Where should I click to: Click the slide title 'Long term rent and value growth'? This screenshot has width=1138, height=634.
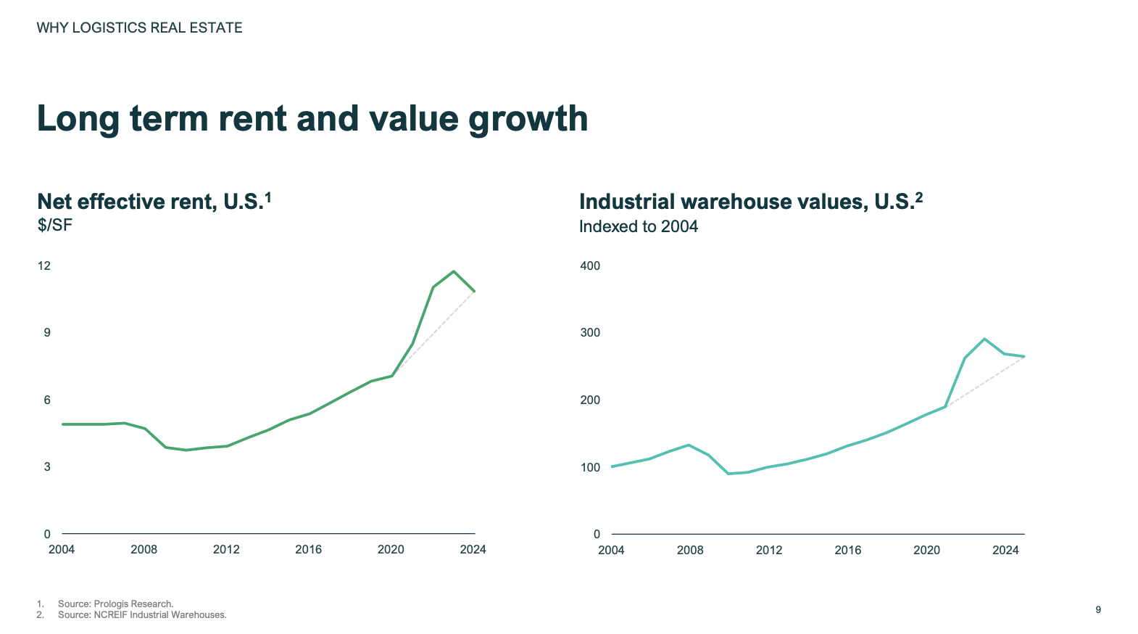point(312,119)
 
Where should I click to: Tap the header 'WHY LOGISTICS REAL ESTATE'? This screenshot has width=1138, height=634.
point(139,28)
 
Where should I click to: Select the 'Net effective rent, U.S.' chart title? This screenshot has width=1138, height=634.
point(149,202)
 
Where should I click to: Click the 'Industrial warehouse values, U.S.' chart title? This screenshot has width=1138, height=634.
point(746,202)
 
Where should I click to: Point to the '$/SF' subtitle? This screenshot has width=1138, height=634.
point(55,225)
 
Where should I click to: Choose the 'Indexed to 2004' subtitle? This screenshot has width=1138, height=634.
point(638,226)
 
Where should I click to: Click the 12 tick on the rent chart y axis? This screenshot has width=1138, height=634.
point(44,265)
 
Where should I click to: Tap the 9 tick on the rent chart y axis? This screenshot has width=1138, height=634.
point(47,333)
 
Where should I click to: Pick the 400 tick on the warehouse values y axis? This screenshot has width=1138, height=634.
point(590,265)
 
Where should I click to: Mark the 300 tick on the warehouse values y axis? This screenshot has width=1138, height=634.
point(590,333)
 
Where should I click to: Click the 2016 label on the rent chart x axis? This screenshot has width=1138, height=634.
point(308,550)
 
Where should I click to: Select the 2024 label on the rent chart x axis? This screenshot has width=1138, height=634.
point(473,550)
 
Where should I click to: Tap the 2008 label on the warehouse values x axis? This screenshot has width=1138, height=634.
point(690,551)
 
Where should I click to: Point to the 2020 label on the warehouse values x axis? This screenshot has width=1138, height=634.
point(926,551)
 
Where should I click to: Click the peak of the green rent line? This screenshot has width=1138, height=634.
point(454,271)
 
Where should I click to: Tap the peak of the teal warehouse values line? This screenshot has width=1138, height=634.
point(984,339)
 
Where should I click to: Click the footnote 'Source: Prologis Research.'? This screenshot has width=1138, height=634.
point(116,604)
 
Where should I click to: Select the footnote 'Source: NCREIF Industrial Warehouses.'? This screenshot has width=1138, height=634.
point(142,615)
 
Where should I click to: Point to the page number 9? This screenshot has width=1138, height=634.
point(1098,610)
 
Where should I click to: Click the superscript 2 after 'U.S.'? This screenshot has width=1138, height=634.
point(919,197)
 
